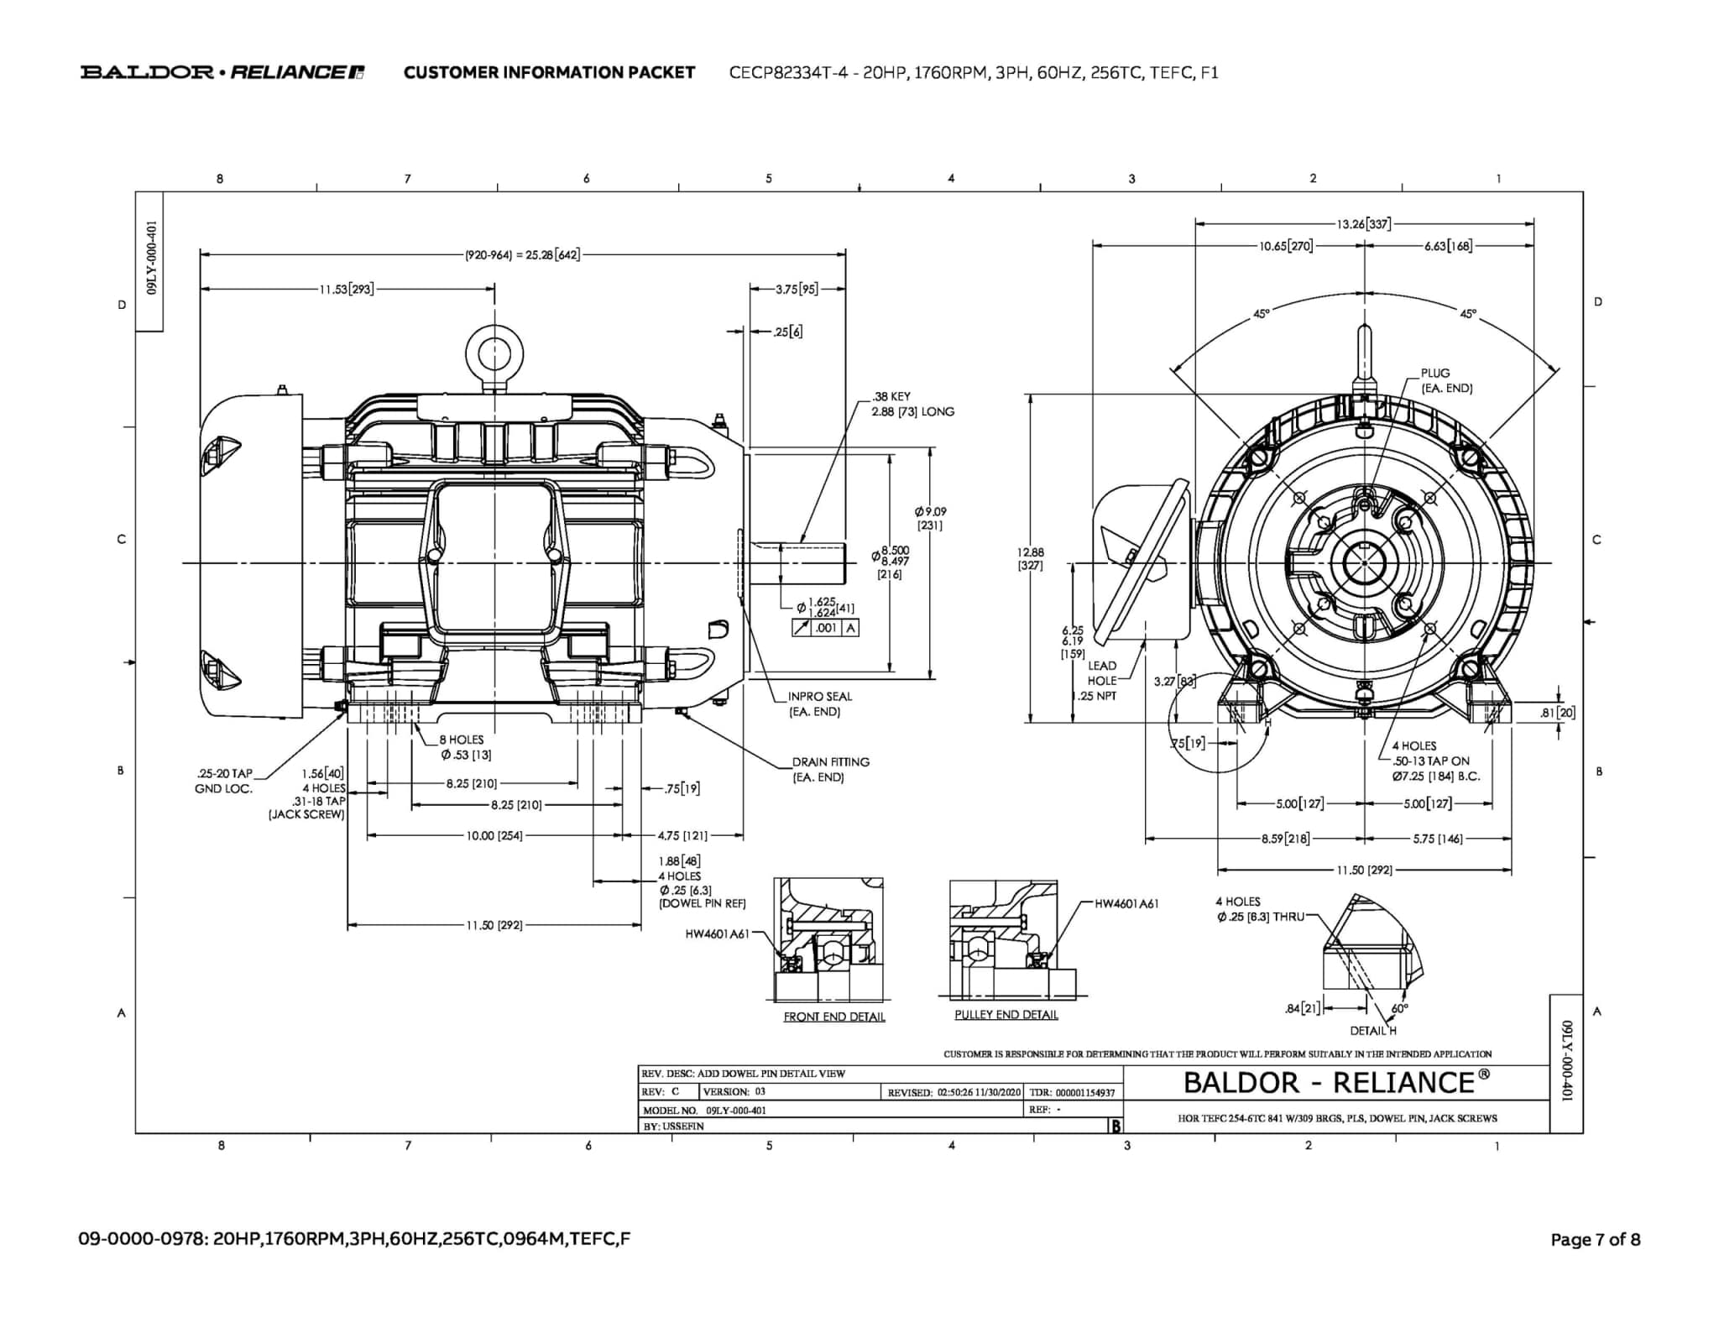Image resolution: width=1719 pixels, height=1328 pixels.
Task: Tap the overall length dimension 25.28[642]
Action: (522, 254)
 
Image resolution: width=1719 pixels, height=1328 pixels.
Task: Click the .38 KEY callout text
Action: (891, 396)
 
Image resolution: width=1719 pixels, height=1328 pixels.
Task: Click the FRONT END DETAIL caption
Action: (833, 1017)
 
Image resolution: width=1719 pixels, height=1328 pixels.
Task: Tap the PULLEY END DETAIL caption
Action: (1006, 1015)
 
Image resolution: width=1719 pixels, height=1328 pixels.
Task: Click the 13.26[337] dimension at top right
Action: (1363, 224)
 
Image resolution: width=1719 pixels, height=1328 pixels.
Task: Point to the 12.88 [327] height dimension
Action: (1030, 558)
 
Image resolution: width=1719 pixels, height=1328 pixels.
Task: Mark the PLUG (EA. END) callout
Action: (1445, 380)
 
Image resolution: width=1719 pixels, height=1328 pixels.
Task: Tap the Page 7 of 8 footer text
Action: (1595, 1240)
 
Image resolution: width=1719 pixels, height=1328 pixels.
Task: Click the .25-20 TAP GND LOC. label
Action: (223, 781)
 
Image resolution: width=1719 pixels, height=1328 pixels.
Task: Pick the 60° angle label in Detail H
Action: (1399, 1008)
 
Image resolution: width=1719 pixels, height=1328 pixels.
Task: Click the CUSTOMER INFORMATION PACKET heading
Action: (549, 72)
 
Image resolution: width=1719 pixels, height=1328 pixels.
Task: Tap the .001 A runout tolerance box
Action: (825, 628)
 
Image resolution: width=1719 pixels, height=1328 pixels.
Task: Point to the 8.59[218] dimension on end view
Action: (1285, 839)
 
